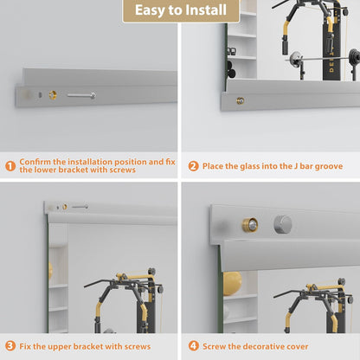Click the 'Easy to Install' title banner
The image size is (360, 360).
(180, 11)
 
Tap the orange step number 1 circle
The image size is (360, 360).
(10, 165)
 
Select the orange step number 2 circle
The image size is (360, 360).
(193, 165)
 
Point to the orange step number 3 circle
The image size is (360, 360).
(10, 345)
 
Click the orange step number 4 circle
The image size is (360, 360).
(193, 345)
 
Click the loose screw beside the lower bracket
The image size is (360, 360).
(80, 95)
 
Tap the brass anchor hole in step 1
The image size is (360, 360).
(53, 94)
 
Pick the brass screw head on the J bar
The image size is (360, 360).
(240, 101)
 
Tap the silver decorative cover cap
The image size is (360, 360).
(283, 224)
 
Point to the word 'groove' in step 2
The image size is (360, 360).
(325, 165)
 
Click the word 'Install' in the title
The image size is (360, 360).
(210, 11)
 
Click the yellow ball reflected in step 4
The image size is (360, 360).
(232, 283)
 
